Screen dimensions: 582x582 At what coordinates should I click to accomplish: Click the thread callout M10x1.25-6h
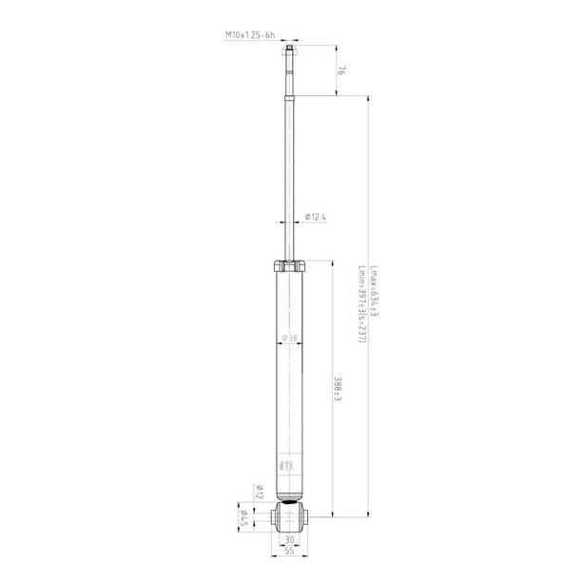(249, 35)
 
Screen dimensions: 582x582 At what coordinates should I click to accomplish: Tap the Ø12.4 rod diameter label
(317, 219)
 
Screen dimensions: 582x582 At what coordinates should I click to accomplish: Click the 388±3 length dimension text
(338, 390)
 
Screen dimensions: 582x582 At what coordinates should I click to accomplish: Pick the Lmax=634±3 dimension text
(374, 290)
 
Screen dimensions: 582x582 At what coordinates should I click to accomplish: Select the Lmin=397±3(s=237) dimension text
(361, 304)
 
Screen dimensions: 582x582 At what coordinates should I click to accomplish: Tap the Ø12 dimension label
(258, 492)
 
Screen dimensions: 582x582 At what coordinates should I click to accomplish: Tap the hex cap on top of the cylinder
(289, 266)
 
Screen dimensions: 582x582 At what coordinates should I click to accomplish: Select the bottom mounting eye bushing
(289, 517)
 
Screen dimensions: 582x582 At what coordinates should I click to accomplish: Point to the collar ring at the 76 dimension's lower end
(289, 95)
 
